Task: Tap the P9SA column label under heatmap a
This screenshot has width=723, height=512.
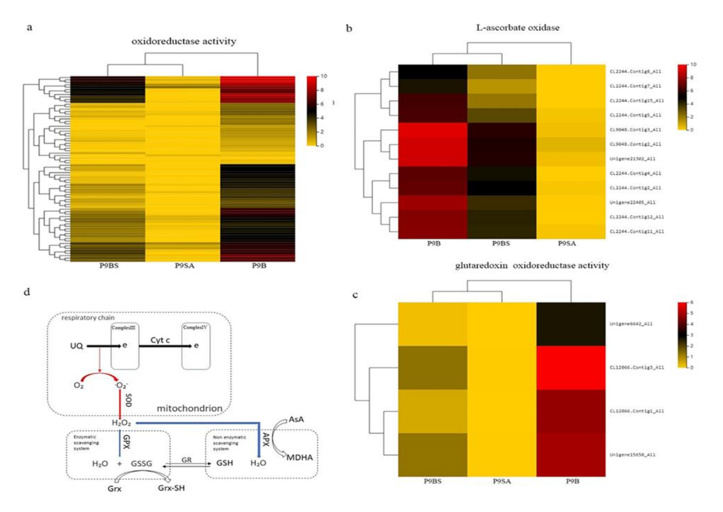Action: click(183, 266)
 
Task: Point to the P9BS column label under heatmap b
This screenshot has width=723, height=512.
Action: click(502, 244)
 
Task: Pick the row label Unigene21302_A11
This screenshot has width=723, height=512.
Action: click(633, 158)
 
